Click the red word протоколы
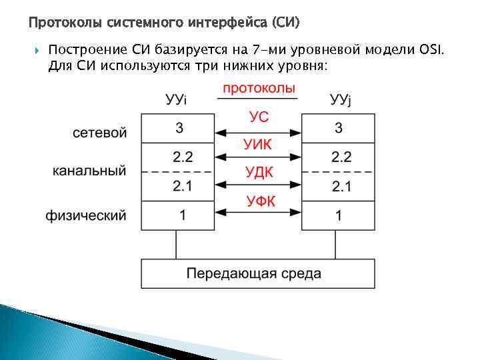pos(259,88)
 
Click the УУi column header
pos(176,100)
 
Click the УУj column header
pos(340,100)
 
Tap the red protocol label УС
pos(259,117)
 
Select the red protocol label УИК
pos(259,145)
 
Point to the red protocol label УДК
pos(259,172)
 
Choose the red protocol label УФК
pos(259,200)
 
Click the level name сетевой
pos(99,133)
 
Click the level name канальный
pos(89,171)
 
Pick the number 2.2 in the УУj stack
pos(341,157)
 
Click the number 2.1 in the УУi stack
pos(182,186)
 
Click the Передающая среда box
pos(258,273)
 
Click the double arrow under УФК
pos(259,212)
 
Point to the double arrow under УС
pos(259,129)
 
